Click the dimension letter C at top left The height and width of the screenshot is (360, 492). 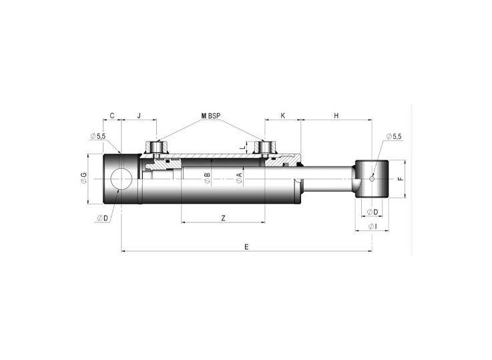pyautogui.click(x=111, y=116)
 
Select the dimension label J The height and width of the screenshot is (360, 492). pyautogui.click(x=138, y=116)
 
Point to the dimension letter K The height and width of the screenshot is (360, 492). pyautogui.click(x=282, y=116)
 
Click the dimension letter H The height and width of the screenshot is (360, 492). pyautogui.click(x=336, y=116)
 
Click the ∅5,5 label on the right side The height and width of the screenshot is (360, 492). pyautogui.click(x=394, y=136)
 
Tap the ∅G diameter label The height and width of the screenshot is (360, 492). pyautogui.click(x=83, y=178)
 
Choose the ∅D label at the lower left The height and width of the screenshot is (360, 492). pyautogui.click(x=102, y=218)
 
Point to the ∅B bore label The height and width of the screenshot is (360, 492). pyautogui.click(x=208, y=178)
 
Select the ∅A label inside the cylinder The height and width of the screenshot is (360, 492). pyautogui.click(x=238, y=178)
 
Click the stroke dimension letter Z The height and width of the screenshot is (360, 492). pyautogui.click(x=223, y=218)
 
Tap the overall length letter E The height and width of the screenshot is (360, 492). pyautogui.click(x=246, y=246)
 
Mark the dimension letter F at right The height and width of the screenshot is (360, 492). pyautogui.click(x=400, y=179)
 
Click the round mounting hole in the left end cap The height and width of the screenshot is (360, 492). pyautogui.click(x=121, y=179)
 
